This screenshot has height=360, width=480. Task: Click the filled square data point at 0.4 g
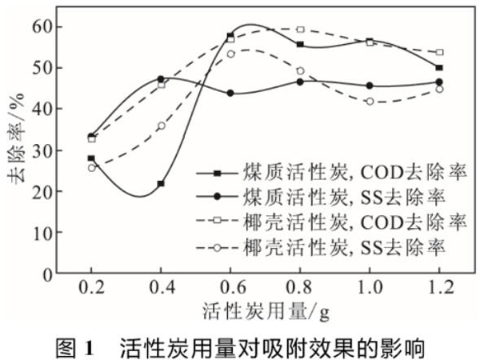click(161, 183)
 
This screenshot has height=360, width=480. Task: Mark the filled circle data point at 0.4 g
click(161, 79)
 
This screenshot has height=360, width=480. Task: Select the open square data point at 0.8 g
click(300, 30)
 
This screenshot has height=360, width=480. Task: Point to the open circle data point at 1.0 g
click(370, 102)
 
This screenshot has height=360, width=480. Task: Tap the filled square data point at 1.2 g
click(439, 68)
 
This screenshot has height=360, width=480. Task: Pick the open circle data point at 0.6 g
click(230, 54)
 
